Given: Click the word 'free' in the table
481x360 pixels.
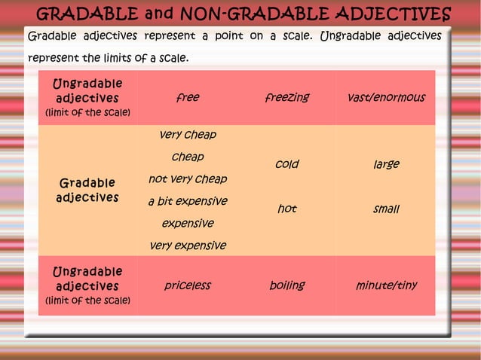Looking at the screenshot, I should [x=188, y=98].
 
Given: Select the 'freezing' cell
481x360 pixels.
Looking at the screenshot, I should [x=286, y=98].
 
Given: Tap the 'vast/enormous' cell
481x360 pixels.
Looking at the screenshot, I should [x=386, y=98].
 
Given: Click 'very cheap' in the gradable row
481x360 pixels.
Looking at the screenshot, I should [x=188, y=135].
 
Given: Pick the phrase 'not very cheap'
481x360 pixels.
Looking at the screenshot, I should [x=188, y=179].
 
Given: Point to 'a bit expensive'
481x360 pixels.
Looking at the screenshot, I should [x=188, y=201].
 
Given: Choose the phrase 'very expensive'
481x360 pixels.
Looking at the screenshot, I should [x=188, y=246].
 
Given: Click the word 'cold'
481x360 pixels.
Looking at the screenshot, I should [x=286, y=164].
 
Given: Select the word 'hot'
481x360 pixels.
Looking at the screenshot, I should [x=286, y=209].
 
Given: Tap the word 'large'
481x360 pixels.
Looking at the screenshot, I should [x=386, y=164].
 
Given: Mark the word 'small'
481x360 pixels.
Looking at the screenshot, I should [x=386, y=209].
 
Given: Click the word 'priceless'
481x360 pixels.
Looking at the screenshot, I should [x=188, y=285].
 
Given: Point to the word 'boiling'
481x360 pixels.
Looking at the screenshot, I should [x=286, y=285].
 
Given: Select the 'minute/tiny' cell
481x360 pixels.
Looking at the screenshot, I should [x=386, y=285].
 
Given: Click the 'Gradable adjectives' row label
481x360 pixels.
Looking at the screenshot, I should [x=87, y=190].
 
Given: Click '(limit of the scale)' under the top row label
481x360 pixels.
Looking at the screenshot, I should [x=87, y=113].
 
